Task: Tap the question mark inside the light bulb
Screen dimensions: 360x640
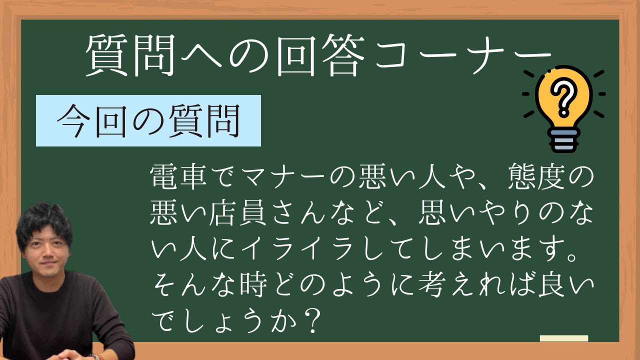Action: click(x=563, y=97)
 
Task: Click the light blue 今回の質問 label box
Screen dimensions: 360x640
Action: click(x=148, y=121)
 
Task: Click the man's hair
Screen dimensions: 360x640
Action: click(x=44, y=220)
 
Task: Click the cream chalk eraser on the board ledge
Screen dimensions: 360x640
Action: click(x=563, y=338)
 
